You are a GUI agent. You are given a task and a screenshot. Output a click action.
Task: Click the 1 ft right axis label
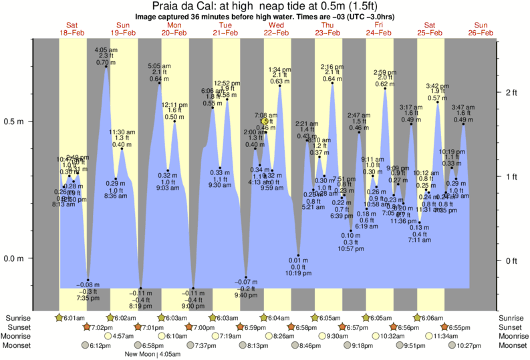(x=511, y=176)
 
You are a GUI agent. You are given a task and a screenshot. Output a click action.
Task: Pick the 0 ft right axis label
(x=511, y=260)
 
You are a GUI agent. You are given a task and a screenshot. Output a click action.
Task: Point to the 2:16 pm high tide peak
(x=332, y=83)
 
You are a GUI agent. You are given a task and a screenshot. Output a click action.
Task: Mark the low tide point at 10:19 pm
(x=298, y=256)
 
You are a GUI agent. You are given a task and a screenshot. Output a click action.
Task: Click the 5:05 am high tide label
(x=159, y=65)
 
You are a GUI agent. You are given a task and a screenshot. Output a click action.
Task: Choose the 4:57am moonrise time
(x=124, y=336)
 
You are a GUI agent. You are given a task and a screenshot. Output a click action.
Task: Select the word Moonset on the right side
(x=512, y=345)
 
